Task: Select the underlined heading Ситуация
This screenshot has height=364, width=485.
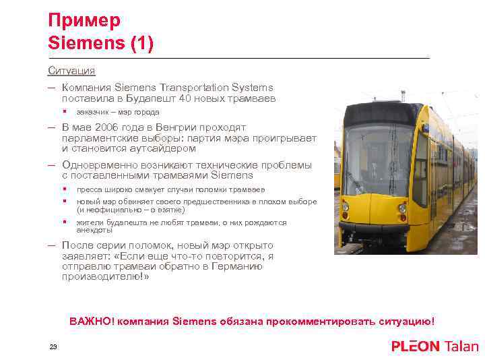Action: click(x=71, y=70)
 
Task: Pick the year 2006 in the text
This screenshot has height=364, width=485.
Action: click(x=105, y=127)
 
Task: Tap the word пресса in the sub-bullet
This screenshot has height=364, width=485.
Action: click(x=89, y=189)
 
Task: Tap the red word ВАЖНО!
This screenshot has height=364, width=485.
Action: click(x=92, y=322)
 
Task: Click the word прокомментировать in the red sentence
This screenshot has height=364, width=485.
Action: click(x=317, y=322)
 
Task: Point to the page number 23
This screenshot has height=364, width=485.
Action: click(x=53, y=346)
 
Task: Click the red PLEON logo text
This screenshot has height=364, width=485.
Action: click(x=415, y=346)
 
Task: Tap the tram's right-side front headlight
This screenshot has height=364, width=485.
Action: click(x=402, y=209)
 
